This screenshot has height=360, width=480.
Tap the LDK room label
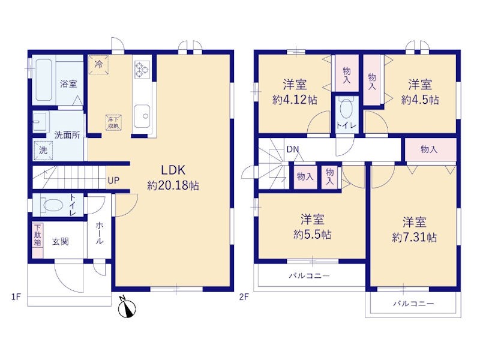173,170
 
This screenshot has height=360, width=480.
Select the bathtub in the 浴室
43,80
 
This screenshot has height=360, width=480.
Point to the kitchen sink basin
142,116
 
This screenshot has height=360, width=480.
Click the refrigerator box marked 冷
98,65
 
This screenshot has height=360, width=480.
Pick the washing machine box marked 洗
43,151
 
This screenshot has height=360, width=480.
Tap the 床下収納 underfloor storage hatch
113,122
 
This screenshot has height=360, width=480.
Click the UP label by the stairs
113,181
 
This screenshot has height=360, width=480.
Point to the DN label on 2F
293,149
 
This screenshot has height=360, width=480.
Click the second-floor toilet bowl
346,109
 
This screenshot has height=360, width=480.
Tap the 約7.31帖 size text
414,238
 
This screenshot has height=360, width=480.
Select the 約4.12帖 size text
295,100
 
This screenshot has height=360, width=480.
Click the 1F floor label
16,296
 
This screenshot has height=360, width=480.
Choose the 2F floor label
244,296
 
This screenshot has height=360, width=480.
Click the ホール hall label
99,233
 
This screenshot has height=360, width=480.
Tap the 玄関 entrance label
61,242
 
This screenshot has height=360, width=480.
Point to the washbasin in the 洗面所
40,122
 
